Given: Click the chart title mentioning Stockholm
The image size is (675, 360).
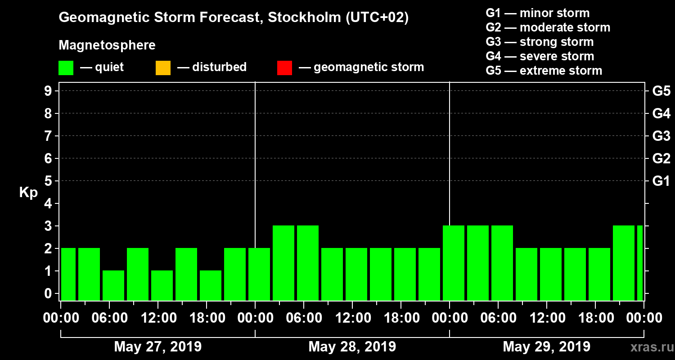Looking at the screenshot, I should (234, 18).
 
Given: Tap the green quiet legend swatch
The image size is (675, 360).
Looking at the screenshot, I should (66, 68).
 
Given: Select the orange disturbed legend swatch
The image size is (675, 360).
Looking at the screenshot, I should (163, 68).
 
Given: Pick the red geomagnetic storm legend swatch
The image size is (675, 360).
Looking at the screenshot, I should (284, 68).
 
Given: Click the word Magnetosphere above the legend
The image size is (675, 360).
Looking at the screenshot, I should (107, 45).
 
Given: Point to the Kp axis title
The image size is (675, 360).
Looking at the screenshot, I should (28, 193).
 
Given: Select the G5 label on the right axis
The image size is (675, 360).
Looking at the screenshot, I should (661, 91).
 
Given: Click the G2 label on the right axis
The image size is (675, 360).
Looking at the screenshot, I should (661, 159).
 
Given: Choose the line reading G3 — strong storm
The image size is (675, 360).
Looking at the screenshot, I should (540, 42).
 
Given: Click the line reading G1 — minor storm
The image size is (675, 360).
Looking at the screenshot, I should (537, 13).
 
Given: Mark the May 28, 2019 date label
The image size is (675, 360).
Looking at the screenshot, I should (352, 347).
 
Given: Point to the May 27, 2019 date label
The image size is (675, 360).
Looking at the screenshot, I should (158, 347).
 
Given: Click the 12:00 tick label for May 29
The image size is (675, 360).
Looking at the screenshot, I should (546, 318).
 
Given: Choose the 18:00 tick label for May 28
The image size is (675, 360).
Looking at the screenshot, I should (400, 318).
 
